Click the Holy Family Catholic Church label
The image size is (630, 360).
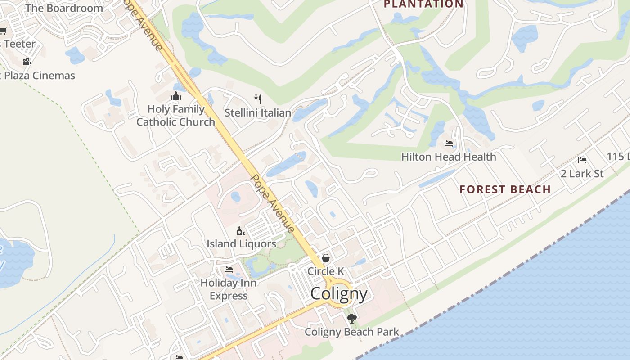coord(176,116)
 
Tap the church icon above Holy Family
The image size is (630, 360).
coord(175,96)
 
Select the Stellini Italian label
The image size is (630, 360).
coord(258,113)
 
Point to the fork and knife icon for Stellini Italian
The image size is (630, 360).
coord(258,99)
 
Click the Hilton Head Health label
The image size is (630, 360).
coord(449,157)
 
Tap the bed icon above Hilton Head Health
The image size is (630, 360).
coord(449,144)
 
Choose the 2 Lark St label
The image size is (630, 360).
coord(582,174)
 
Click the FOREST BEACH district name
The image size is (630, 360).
coord(505,189)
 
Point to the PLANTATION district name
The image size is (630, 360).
coord(423,4)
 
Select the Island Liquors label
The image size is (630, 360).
coord(242,244)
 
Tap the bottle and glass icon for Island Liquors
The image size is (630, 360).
coord(241,231)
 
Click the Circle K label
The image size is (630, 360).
coord(326,271)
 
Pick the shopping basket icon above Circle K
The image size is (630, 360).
coord(325,258)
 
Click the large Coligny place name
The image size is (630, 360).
coord(339,294)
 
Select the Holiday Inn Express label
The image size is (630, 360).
coord(229,289)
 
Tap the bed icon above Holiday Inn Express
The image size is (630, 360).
coord(229,270)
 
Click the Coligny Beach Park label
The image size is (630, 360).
coord(351,332)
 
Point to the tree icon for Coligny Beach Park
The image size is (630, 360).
coord(351,319)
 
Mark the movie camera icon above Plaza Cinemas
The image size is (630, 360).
coord(27,62)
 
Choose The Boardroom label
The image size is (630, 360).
coord(64,8)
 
